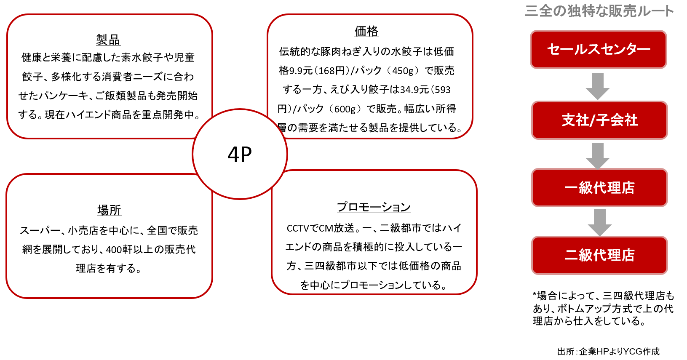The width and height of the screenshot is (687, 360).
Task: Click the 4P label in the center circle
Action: [x=240, y=154]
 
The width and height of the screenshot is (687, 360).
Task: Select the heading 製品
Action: [x=108, y=40]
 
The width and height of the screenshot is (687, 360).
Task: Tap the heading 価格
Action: [x=366, y=31]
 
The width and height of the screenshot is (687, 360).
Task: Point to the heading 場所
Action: [x=109, y=211]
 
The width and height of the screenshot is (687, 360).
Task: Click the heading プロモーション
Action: [x=374, y=207]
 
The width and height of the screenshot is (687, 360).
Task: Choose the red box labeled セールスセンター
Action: [x=599, y=49]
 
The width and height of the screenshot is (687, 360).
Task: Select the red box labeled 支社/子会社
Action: [x=599, y=120]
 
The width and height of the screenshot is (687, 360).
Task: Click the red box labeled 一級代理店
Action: [x=599, y=188]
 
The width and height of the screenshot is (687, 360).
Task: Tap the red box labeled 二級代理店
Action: [x=599, y=255]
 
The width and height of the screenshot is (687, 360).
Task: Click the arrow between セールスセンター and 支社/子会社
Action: [x=598, y=86]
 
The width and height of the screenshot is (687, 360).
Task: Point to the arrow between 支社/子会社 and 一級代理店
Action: [x=598, y=156]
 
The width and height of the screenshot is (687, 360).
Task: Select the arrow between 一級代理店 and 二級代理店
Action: [x=599, y=223]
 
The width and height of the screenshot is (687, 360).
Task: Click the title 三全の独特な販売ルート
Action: [x=599, y=11]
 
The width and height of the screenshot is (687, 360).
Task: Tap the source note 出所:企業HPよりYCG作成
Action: [x=608, y=352]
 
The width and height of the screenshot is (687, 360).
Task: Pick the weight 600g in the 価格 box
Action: [x=345, y=109]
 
